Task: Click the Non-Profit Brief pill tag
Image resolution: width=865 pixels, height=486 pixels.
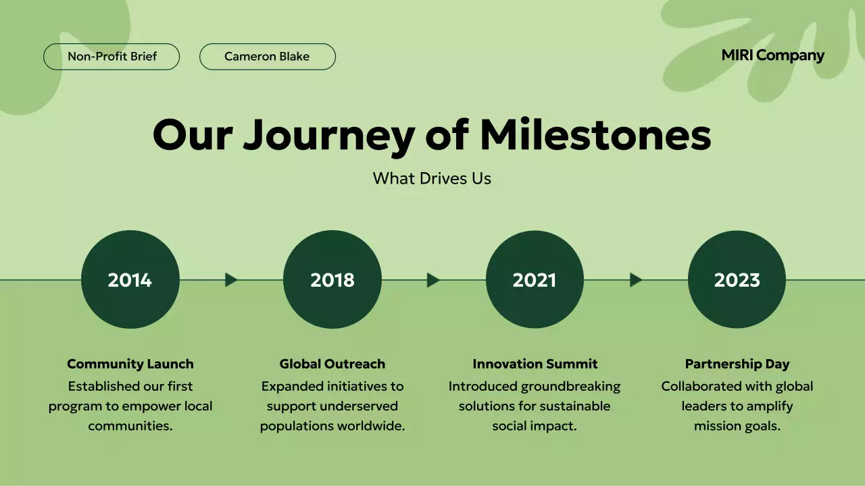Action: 112,57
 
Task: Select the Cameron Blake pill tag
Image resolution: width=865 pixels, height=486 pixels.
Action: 267,57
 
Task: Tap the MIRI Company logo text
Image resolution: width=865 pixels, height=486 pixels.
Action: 772,55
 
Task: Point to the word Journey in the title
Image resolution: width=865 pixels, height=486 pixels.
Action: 328,136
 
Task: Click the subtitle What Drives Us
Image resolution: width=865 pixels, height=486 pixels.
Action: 432,178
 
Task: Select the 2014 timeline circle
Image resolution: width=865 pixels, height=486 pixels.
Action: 130,279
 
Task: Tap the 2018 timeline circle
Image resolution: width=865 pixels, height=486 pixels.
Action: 332,279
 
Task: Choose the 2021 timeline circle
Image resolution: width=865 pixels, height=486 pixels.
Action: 535,279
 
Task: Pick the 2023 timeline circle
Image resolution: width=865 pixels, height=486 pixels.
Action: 737,279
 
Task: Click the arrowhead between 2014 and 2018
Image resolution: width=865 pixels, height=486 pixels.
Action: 231,279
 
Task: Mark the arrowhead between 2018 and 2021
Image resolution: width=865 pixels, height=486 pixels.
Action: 433,279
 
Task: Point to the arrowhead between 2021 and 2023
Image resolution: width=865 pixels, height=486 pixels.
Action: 635,279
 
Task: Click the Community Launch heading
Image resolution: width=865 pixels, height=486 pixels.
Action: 130,364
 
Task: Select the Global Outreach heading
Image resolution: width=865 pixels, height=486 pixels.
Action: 332,364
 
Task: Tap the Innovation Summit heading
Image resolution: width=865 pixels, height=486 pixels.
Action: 535,364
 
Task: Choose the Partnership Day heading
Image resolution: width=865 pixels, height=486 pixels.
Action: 737,364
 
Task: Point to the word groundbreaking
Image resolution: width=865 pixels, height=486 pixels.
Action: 570,386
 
